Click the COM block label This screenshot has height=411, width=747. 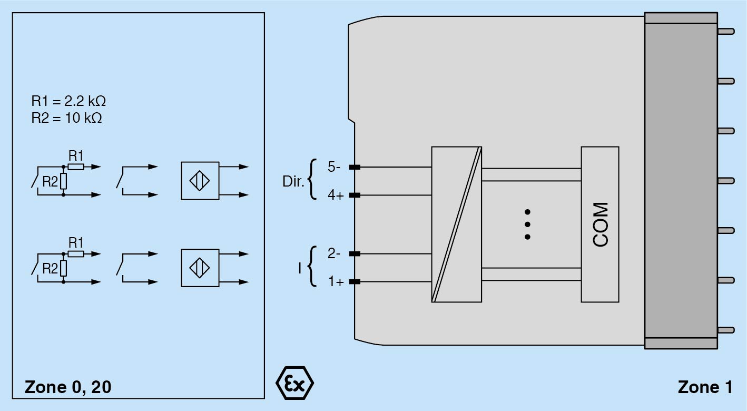[600, 224]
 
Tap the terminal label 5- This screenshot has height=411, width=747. [334, 167]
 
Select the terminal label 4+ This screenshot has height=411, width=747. [335, 195]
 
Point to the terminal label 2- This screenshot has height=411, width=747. [334, 253]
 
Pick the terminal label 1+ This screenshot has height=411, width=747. [335, 282]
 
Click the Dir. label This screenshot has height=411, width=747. [293, 182]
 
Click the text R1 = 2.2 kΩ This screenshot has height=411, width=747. [68, 101]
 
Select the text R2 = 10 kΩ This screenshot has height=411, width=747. [66, 118]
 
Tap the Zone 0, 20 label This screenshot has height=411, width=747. [68, 387]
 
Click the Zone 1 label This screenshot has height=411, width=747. [705, 387]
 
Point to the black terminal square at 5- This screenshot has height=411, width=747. [355, 167]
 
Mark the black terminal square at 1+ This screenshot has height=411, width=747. [355, 281]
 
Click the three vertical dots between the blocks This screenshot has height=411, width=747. [527, 224]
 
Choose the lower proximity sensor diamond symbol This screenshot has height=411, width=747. [200, 268]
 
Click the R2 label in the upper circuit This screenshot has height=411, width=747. [50, 182]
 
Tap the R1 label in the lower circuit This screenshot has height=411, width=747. [76, 242]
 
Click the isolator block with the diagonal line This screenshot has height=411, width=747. [456, 224]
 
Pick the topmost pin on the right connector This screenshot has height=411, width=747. [726, 31]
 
